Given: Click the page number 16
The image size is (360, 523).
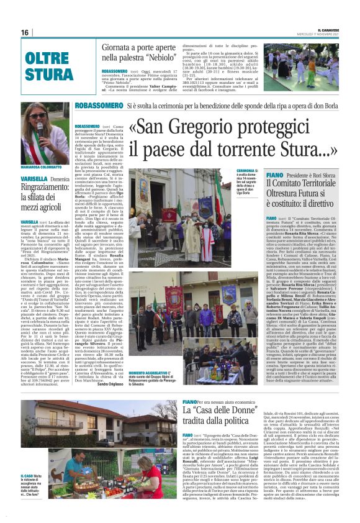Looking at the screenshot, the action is (x=25, y=32).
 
